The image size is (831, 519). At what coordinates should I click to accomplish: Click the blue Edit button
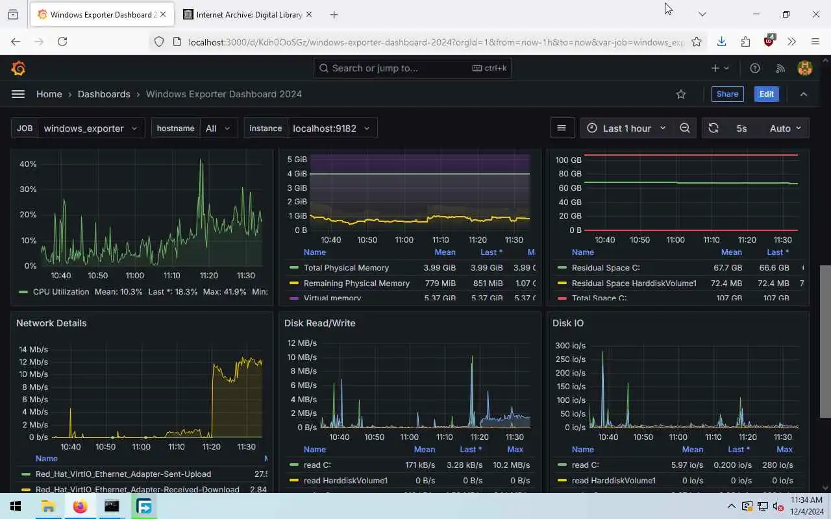pyautogui.click(x=766, y=94)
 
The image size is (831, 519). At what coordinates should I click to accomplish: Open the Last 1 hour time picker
pyautogui.click(x=626, y=128)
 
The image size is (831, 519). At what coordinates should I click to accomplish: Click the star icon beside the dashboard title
pyautogui.click(x=681, y=94)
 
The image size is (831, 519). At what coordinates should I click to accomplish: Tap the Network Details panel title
pyautogui.click(x=51, y=323)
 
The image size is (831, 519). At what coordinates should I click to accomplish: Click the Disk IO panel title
pyautogui.click(x=568, y=323)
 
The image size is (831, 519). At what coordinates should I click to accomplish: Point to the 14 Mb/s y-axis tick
pyautogui.click(x=34, y=349)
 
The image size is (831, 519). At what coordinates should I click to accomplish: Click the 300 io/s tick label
pyautogui.click(x=570, y=346)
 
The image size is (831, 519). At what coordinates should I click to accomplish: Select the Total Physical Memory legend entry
pyautogui.click(x=346, y=268)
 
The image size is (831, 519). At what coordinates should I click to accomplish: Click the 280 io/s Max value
pyautogui.click(x=777, y=465)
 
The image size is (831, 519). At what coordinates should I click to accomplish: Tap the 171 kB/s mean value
pyautogui.click(x=420, y=465)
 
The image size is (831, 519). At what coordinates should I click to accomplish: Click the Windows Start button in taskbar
pyautogui.click(x=16, y=506)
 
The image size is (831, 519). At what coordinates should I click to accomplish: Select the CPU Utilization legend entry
pyautogui.click(x=60, y=292)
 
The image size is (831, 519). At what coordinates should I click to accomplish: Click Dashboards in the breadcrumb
pyautogui.click(x=104, y=94)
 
